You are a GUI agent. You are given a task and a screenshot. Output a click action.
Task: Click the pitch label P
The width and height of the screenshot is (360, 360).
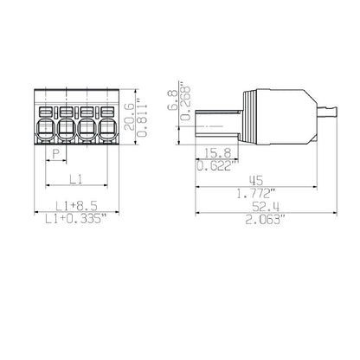(55, 154)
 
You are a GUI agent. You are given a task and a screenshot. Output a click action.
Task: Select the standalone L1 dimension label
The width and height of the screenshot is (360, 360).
(76, 179)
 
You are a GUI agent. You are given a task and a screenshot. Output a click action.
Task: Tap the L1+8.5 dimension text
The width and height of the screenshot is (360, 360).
(76, 206)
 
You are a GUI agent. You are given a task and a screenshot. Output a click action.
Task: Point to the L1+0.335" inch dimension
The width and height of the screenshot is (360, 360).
(76, 219)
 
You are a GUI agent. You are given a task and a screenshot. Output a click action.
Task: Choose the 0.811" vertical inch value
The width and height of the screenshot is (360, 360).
(143, 117)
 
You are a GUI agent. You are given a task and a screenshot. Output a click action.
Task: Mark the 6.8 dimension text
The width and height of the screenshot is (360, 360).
(172, 100)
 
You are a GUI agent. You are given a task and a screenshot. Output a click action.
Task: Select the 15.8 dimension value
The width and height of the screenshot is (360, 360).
(218, 153)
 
